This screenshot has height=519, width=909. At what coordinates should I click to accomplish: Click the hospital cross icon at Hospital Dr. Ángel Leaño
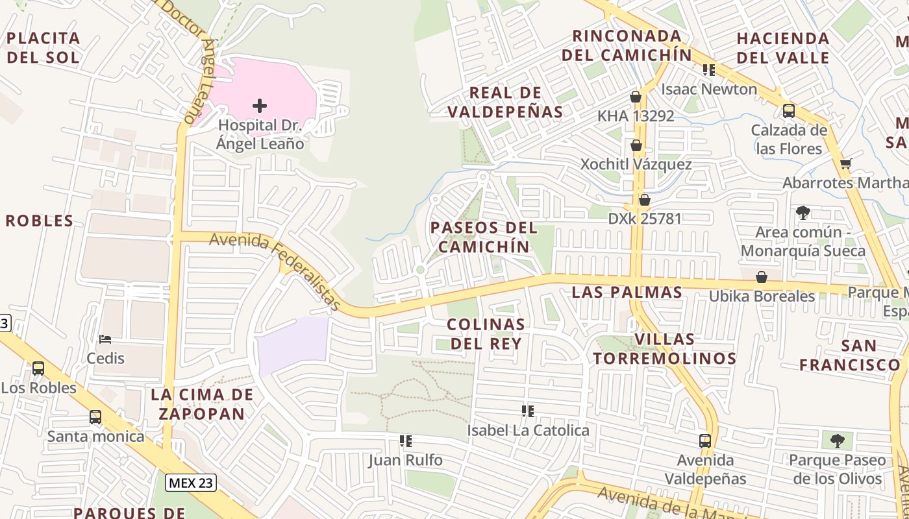pos(260,105)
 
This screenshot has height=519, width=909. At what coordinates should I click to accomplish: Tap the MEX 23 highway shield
pos(190,483)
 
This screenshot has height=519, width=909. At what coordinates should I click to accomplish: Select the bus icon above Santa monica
pos(95,416)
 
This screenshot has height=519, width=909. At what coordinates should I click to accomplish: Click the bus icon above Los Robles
pos(38,368)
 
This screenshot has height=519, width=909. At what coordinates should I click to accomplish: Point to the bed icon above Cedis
pos(105,339)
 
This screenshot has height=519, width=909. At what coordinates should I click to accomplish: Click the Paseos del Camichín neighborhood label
pos(484,237)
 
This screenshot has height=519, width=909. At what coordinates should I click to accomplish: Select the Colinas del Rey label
pos(486,333)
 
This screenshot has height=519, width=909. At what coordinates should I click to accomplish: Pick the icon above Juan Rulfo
pos(406,441)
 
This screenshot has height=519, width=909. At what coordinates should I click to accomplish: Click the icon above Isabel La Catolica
pos(528,411)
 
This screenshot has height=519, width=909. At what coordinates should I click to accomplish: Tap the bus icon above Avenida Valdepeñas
pos(705,441)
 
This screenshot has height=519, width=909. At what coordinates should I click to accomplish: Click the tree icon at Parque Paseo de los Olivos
pos(838,441)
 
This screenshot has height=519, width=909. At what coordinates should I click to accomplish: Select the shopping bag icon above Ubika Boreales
pos(762,277)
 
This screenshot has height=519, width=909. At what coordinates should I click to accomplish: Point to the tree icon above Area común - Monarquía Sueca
pos(803,212)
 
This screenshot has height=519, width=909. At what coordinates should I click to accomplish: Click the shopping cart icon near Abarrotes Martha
pos(845,163)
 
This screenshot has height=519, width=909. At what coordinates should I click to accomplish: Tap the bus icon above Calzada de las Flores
pos(789,110)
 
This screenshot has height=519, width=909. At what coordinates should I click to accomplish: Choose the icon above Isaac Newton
pos(709,69)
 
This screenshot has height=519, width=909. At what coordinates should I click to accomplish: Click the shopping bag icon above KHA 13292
pos(636,97)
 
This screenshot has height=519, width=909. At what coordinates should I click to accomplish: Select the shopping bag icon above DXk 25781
pos(645,200)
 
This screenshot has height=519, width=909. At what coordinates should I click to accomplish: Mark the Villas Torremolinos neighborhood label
pos(664,348)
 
